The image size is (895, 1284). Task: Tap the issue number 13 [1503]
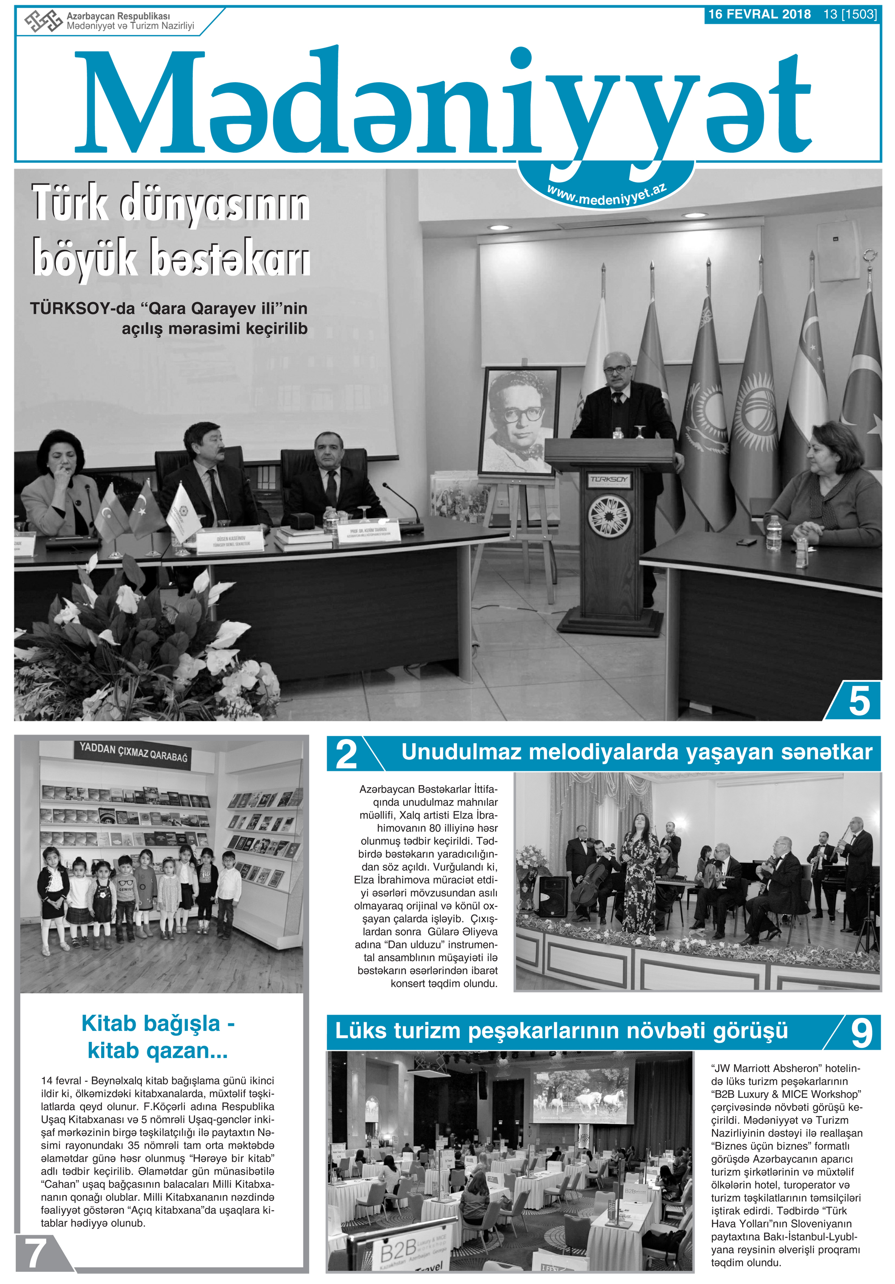coord(850,14)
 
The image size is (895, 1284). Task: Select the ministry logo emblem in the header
coord(43,21)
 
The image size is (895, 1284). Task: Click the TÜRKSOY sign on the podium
coord(609,480)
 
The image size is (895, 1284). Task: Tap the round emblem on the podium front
coord(609,514)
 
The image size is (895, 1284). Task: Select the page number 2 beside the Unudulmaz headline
coord(346,754)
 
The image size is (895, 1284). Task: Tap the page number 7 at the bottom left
coord(35,1253)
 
